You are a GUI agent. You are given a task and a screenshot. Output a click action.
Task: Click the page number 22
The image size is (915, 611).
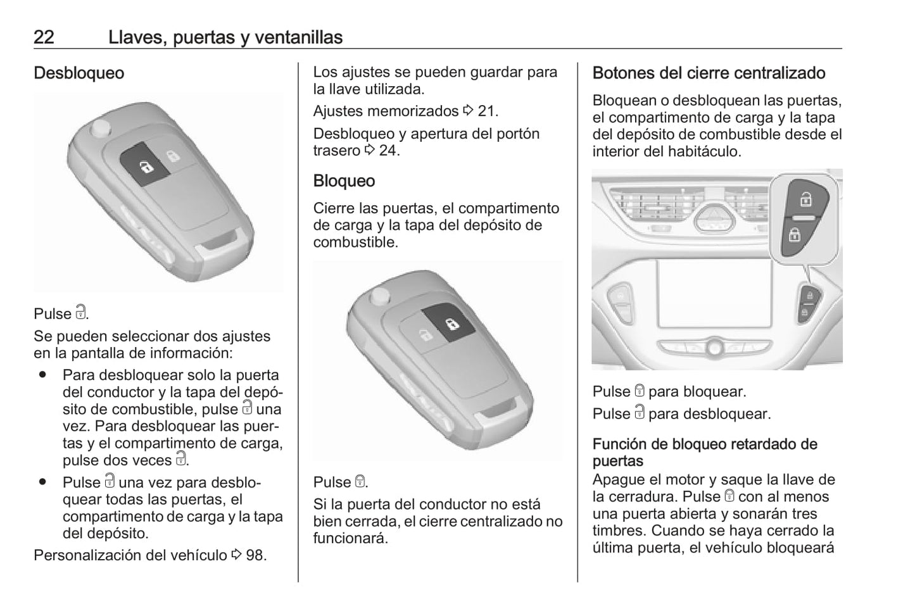tap(44, 37)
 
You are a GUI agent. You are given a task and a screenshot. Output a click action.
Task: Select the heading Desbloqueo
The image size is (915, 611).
tap(79, 73)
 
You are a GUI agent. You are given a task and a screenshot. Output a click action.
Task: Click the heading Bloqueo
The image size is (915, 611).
tap(344, 181)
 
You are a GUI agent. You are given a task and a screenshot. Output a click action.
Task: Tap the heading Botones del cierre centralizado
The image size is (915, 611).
tap(709, 73)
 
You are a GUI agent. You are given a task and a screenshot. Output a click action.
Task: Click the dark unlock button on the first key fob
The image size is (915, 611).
tap(145, 164)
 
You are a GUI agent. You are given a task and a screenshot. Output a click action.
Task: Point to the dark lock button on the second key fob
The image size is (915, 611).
tap(448, 322)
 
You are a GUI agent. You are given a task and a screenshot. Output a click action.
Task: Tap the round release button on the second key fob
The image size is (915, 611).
tap(380, 296)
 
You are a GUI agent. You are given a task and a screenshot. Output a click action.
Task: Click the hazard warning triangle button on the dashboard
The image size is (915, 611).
tap(714, 219)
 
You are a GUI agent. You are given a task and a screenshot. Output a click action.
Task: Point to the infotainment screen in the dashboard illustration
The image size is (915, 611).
tap(714, 293)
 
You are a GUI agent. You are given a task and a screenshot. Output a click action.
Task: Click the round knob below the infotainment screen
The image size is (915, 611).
tap(714, 348)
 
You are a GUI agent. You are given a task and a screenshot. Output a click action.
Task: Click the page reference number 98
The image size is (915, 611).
tap(255, 555)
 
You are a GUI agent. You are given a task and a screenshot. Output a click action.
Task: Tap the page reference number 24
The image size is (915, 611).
tap(388, 150)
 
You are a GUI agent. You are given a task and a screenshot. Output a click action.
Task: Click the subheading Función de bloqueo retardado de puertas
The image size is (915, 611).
tap(705, 452)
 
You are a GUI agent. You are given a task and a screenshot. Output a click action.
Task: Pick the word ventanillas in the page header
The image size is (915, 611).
tap(299, 37)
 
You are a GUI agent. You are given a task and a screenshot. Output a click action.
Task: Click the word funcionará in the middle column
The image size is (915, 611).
tap(350, 538)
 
